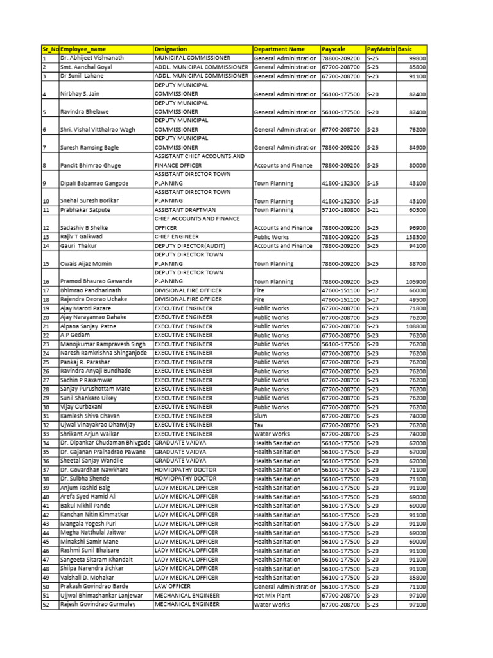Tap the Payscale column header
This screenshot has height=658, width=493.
[x=333, y=49]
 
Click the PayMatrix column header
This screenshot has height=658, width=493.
[x=380, y=49]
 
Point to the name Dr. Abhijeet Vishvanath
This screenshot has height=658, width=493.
[x=92, y=58]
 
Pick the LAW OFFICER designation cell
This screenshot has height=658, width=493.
[x=173, y=587]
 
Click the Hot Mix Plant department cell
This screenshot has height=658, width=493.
[x=272, y=596]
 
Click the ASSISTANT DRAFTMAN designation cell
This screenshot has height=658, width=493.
[x=185, y=210]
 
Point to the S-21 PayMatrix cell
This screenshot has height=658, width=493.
[x=372, y=210]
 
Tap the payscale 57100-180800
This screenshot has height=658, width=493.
[x=342, y=210]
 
